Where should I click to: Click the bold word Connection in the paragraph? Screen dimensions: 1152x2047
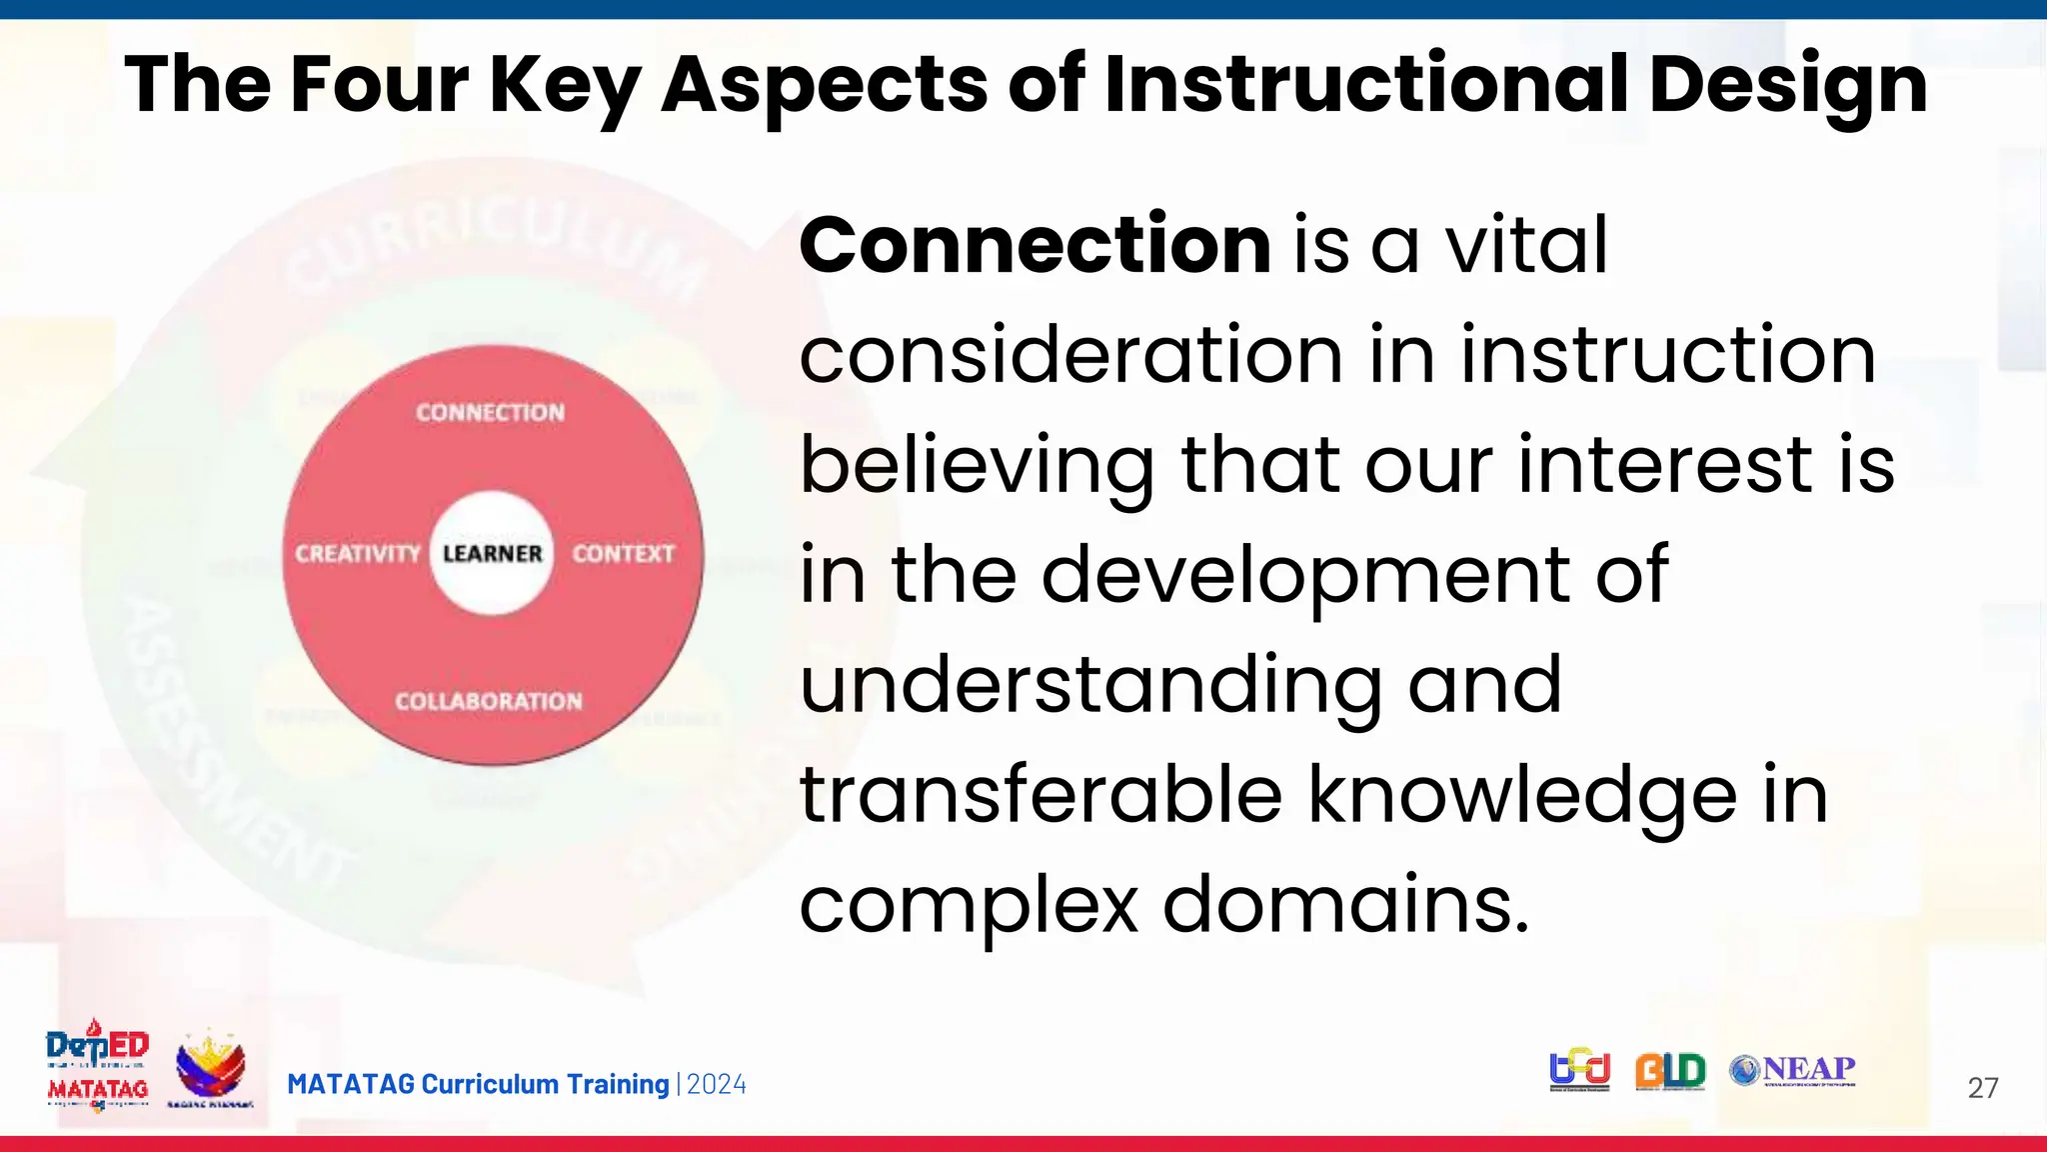(x=1034, y=245)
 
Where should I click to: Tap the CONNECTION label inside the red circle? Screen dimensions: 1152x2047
(x=490, y=412)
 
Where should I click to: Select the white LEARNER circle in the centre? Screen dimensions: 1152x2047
(x=492, y=553)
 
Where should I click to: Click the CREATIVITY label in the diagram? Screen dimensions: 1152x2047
(x=357, y=553)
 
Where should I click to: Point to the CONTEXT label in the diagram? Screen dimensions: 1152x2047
(x=623, y=553)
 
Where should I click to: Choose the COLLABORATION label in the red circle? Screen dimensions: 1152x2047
(x=488, y=701)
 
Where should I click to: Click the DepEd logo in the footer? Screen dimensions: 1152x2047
(x=98, y=1046)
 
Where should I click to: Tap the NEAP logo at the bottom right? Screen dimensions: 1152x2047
(x=1793, y=1070)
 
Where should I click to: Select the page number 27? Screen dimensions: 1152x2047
(x=1982, y=1088)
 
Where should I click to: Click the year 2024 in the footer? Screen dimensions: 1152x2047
(x=717, y=1085)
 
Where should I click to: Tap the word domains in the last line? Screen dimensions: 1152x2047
(x=1345, y=904)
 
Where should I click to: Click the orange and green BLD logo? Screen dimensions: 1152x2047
(x=1670, y=1071)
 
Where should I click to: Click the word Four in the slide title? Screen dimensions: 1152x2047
(x=379, y=84)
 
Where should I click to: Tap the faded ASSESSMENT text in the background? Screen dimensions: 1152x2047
(x=230, y=740)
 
